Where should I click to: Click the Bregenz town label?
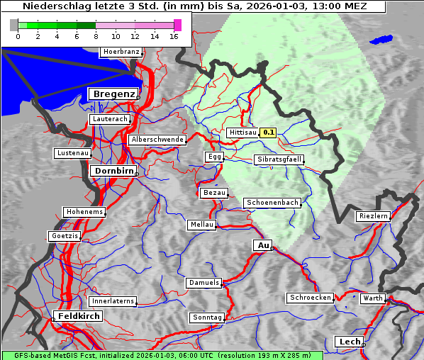click(112, 94)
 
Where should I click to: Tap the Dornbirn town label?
click(112, 171)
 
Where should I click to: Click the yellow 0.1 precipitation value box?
click(269, 133)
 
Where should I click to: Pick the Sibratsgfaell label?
click(279, 159)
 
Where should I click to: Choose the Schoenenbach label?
click(272, 203)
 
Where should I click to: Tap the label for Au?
click(262, 245)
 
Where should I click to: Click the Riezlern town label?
click(373, 215)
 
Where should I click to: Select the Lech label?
click(350, 342)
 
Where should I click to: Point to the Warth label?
click(372, 298)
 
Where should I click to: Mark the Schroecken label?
click(310, 298)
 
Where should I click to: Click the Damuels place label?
click(204, 283)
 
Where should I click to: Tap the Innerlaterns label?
click(113, 301)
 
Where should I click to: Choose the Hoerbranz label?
click(121, 52)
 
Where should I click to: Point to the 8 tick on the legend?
click(95, 36)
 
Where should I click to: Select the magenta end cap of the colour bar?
click(177, 25)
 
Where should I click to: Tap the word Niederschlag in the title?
click(57, 6)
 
